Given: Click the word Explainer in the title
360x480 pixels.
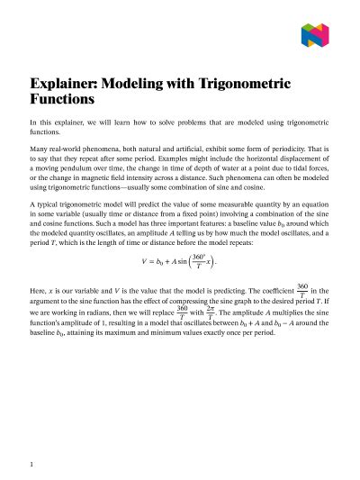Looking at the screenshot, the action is click(68, 84).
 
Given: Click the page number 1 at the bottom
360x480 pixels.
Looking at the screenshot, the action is click(32, 465).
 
